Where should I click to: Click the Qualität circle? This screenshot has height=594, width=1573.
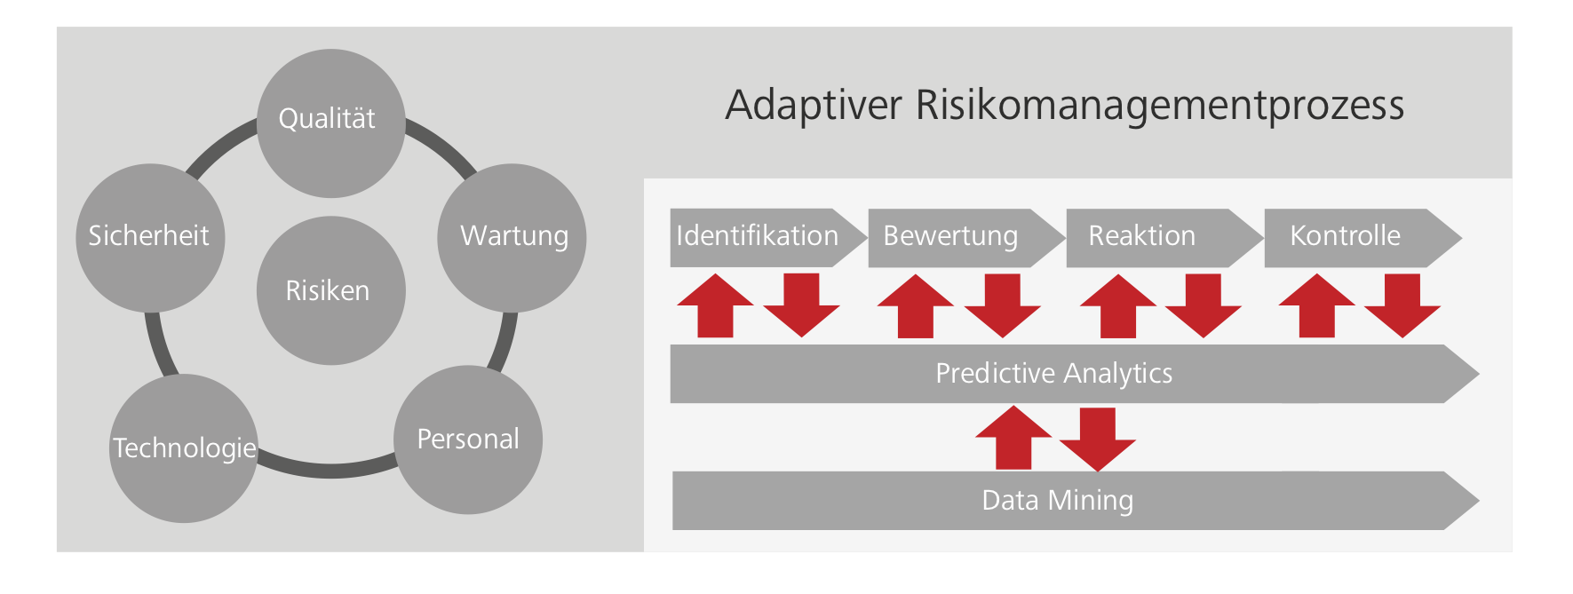coord(330,123)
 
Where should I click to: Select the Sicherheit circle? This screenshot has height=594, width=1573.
coord(149,237)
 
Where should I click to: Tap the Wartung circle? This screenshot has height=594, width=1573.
coord(512,237)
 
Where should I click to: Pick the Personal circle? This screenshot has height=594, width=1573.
coord(468,440)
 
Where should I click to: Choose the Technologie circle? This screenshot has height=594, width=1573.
coord(184,448)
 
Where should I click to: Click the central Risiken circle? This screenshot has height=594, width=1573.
coord(330,290)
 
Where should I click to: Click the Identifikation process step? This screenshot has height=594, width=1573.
coord(758,237)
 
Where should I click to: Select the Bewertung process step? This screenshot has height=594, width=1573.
coord(951,237)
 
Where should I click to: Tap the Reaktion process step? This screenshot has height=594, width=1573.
coord(1142,237)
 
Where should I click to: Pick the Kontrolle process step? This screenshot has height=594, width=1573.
coord(1346,237)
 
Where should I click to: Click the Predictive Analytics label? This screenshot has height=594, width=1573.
coord(1054,374)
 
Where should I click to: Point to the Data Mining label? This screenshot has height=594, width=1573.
coord(1057,501)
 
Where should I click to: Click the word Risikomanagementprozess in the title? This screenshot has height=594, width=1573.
coord(1159,105)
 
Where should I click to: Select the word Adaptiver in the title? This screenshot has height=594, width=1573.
coord(814,105)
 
